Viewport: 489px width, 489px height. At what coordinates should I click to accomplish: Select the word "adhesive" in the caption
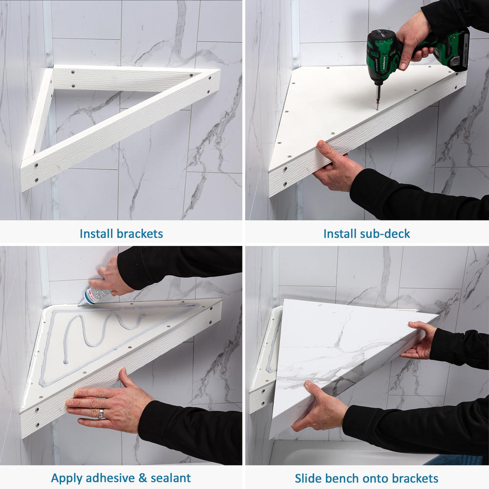[x=110, y=478]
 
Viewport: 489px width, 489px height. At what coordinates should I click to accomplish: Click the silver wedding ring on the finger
[x=101, y=414]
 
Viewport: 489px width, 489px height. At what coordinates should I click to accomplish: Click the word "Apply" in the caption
[x=67, y=478]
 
